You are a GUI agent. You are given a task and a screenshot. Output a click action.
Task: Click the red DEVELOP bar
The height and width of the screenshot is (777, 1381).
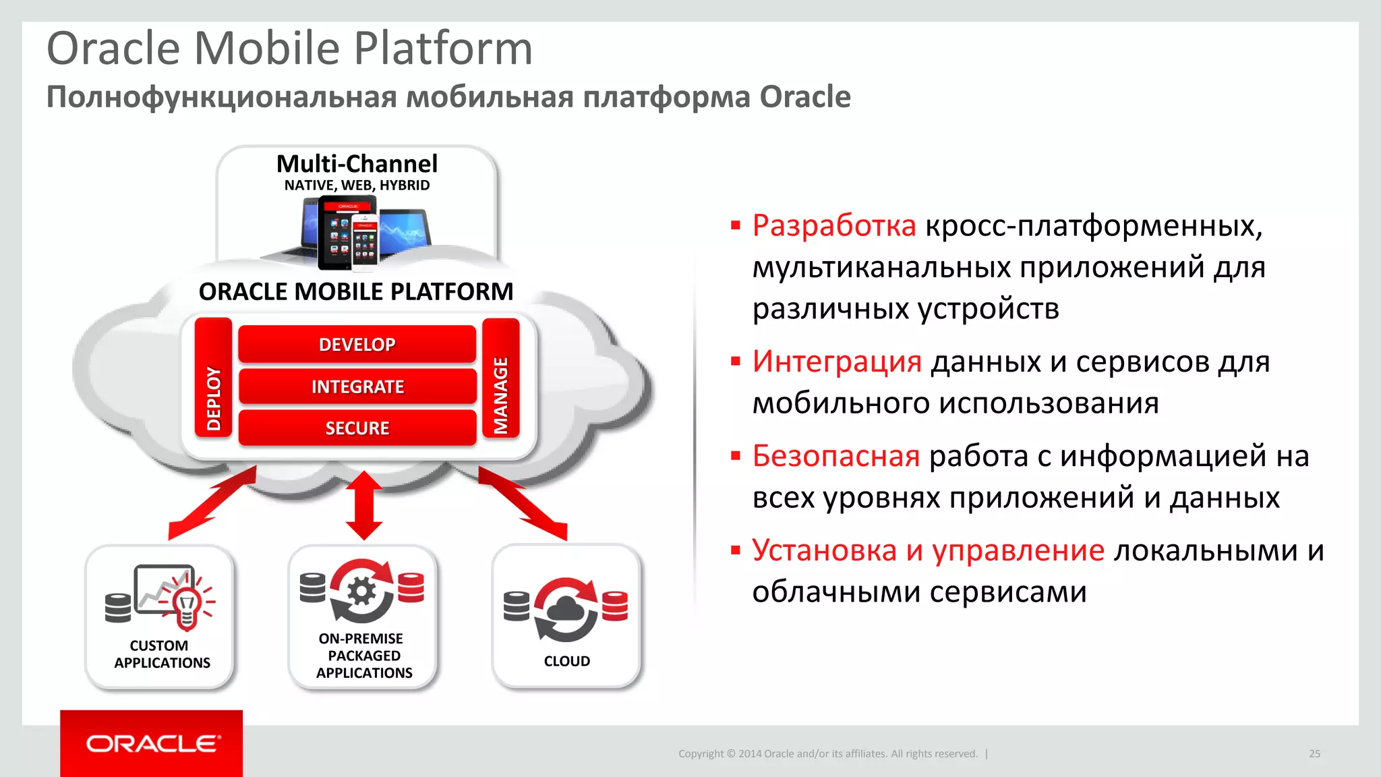coord(357,344)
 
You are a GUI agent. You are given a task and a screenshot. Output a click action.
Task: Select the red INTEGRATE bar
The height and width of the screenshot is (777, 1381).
coord(357,386)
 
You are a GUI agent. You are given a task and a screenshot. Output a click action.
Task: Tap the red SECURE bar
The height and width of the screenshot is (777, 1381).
coord(357,428)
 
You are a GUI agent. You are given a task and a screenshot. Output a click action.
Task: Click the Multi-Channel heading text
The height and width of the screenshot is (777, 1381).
coord(357,164)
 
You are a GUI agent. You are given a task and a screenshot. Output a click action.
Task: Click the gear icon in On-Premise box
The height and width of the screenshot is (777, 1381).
coord(362,592)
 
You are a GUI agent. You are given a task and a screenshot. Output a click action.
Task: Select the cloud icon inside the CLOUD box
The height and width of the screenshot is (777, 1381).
coord(566,610)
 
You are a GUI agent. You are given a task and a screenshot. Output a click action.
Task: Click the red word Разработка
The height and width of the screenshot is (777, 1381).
coord(834,226)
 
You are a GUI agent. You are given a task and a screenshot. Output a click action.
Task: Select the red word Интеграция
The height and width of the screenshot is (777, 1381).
coord(837,362)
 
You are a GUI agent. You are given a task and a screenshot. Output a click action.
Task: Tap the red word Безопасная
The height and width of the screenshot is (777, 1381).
coord(836,457)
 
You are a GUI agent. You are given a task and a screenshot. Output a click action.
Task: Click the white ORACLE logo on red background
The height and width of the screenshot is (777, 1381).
coord(152,743)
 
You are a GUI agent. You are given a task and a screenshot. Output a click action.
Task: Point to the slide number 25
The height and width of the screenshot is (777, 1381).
coord(1314,753)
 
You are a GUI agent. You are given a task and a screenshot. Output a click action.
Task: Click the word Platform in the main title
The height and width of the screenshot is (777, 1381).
coord(443,49)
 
